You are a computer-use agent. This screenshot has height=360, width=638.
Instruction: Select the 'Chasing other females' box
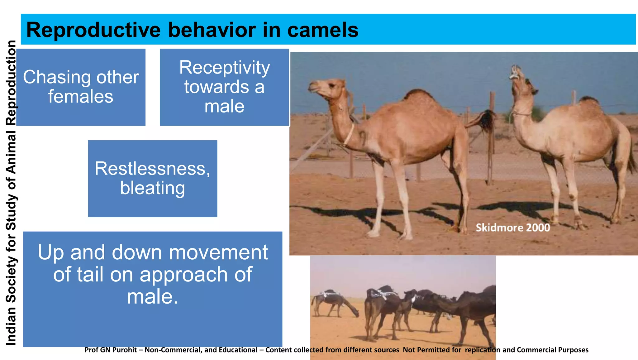81,87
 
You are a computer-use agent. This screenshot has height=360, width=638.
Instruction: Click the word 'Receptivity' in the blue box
225,68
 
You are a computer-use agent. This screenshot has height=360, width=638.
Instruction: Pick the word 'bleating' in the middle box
153,188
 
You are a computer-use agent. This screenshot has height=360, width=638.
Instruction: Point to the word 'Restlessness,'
153,169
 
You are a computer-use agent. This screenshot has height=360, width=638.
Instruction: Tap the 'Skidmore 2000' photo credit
512,228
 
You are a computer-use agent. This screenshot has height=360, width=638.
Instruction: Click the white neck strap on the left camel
350,134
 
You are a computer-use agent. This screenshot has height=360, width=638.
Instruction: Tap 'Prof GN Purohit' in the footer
111,350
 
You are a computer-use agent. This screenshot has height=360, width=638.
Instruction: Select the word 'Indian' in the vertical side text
11,326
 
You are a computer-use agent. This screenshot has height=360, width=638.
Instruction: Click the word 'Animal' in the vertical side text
11,153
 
